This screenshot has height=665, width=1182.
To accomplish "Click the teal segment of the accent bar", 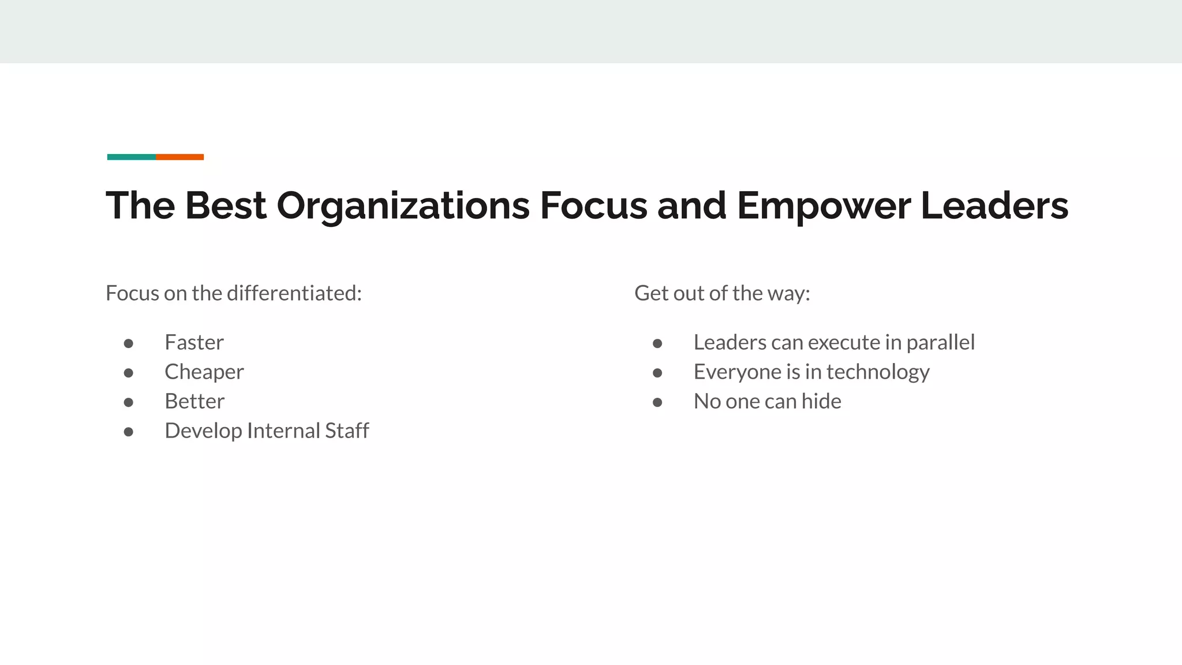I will (x=131, y=157).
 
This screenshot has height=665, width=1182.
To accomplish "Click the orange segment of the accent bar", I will (x=179, y=157).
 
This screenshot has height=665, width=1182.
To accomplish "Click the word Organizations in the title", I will (x=403, y=206).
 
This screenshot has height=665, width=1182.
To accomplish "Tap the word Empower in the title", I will (x=824, y=206).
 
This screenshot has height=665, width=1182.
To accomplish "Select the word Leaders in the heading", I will (x=994, y=206).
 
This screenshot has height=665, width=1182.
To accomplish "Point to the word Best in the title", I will (x=225, y=206).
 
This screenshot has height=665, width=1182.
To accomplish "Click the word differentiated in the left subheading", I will (x=294, y=293).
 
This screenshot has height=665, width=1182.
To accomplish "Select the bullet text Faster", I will (x=194, y=342).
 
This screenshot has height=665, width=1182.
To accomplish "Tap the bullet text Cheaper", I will (x=204, y=372).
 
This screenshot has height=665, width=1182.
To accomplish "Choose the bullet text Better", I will (x=194, y=401).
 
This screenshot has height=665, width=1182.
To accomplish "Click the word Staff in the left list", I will (x=347, y=431).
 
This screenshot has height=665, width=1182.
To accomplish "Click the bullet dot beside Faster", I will (x=129, y=343).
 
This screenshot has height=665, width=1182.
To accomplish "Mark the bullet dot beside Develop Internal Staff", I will (x=129, y=432).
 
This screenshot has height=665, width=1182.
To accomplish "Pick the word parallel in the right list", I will (x=940, y=343).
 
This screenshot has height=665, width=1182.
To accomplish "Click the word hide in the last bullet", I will (x=821, y=401).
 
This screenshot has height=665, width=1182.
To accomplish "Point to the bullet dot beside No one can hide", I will (x=657, y=402).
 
